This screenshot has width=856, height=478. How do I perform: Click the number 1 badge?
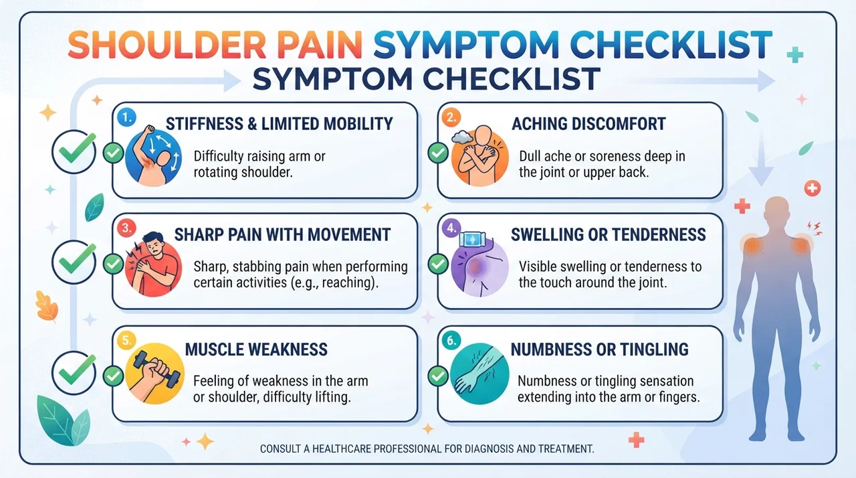point(126,117)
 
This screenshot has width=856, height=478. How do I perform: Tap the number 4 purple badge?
point(451,228)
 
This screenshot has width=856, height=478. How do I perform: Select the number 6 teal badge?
point(451,340)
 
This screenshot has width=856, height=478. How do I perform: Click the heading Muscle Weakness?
point(256,349)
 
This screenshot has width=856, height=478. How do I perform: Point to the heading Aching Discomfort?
point(588,124)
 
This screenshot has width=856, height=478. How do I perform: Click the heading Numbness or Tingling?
point(600,349)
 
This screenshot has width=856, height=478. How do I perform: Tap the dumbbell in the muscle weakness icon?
point(157,369)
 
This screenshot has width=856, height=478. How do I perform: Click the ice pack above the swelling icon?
point(472,240)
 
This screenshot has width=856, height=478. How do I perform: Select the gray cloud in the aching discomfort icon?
point(462,137)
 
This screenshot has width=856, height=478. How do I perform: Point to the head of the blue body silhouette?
point(776,211)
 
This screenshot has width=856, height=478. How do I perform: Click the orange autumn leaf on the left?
point(47,307)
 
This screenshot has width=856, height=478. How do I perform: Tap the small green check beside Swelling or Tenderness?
point(438,264)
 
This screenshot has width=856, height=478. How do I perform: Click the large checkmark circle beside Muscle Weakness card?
point(74,373)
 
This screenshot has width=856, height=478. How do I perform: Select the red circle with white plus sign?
point(813,188)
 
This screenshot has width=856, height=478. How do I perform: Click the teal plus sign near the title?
point(795,55)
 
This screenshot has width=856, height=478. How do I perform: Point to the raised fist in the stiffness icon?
point(148,130)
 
